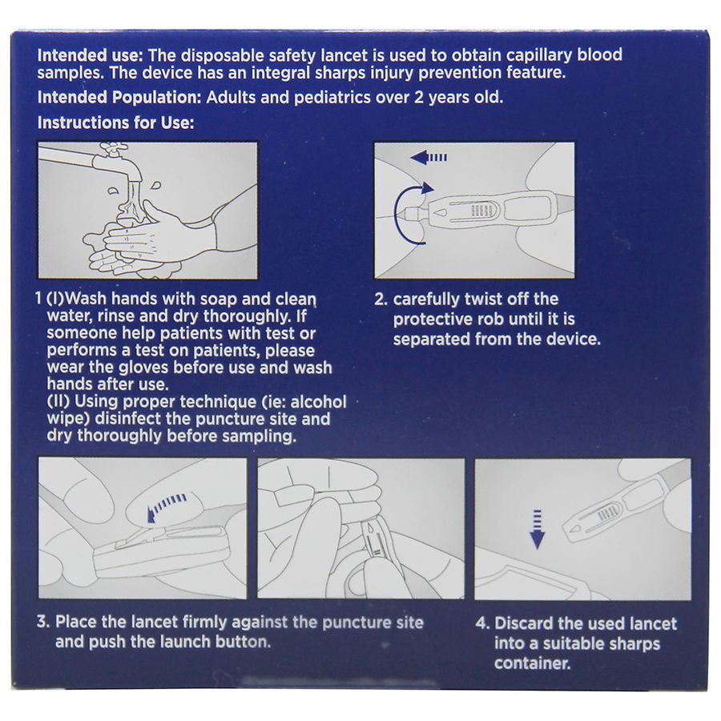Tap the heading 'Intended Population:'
pyautogui.click(x=119, y=98)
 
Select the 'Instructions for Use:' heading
pyautogui.click(x=116, y=123)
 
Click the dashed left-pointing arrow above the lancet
pyautogui.click(x=429, y=158)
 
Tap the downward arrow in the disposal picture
pyautogui.click(x=537, y=530)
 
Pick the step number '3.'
pyautogui.click(x=43, y=622)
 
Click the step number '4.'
pyautogui.click(x=483, y=623)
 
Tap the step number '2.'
pyautogui.click(x=381, y=300)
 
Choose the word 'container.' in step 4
pyautogui.click(x=533, y=663)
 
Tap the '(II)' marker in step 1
pyautogui.click(x=58, y=402)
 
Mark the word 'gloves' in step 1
pyautogui.click(x=145, y=368)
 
